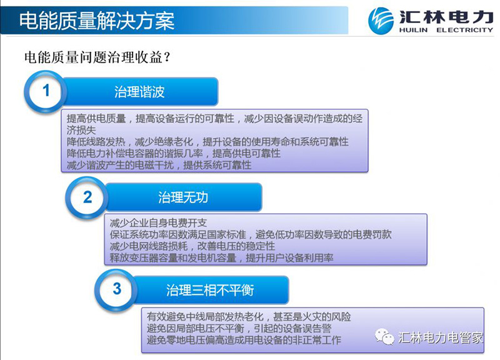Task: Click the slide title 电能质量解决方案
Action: pyautogui.click(x=97, y=21)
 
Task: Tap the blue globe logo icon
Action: pyautogui.click(x=381, y=21)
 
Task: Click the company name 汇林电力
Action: pyautogui.click(x=446, y=17)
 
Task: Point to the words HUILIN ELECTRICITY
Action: pyautogui.click(x=446, y=30)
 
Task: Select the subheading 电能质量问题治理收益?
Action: pyautogui.click(x=97, y=57)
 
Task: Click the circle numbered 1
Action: pyautogui.click(x=46, y=91)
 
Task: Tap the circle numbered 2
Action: pyautogui.click(x=87, y=197)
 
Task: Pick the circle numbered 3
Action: pyautogui.click(x=117, y=289)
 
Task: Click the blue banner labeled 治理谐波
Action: pyautogui.click(x=139, y=91)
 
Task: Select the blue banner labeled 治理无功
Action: pyautogui.click(x=183, y=197)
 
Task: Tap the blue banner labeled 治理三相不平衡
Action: pyautogui.click(x=210, y=290)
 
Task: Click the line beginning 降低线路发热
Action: pyautogui.click(x=207, y=142)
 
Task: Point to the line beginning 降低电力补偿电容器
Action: pyautogui.click(x=174, y=153)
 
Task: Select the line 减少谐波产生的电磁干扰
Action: pyautogui.click(x=159, y=165)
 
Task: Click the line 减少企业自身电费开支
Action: pyautogui.click(x=159, y=223)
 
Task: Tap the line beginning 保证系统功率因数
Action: pyautogui.click(x=251, y=234)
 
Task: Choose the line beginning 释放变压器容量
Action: pyautogui.click(x=222, y=257)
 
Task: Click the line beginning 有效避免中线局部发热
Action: pyautogui.click(x=249, y=317)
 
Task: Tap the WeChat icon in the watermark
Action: pyautogui.click(x=384, y=337)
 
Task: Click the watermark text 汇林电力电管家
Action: pyautogui.click(x=441, y=337)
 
